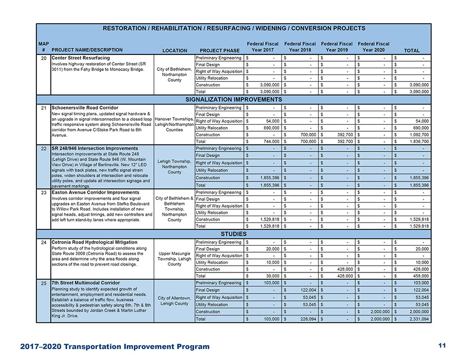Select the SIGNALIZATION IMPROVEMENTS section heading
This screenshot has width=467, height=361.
tap(233, 99)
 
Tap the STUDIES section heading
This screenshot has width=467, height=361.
tap(233, 233)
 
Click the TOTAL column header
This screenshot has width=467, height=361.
tap(412, 50)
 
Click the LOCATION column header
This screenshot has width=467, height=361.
tap(175, 50)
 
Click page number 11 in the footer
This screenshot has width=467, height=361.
tap(442, 346)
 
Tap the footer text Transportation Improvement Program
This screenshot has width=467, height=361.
tap(136, 346)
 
